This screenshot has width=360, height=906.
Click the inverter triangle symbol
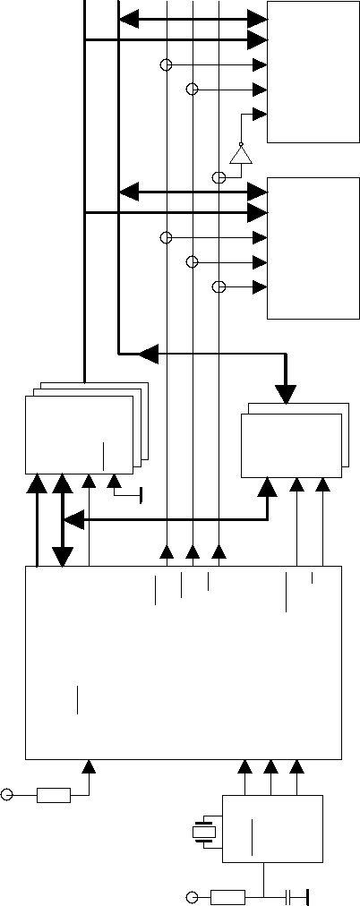[x=239, y=155]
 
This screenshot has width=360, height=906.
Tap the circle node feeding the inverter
[x=218, y=177]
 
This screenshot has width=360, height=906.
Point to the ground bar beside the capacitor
[x=306, y=896]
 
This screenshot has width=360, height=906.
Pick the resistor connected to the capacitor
[x=227, y=896]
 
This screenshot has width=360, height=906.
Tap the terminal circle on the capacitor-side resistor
[x=191, y=896]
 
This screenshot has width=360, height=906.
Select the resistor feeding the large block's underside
[x=54, y=794]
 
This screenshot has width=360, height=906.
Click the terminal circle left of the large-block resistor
[x=8, y=794]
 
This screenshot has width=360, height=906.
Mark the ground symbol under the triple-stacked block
[x=141, y=492]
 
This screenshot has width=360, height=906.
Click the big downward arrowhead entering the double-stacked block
[x=286, y=393]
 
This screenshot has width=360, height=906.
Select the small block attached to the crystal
[x=271, y=828]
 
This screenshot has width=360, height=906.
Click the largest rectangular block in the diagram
[x=183, y=662]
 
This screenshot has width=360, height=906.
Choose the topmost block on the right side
[x=313, y=72]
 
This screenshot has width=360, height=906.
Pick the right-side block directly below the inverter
[x=313, y=247]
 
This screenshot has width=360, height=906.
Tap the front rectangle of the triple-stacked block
[x=79, y=434]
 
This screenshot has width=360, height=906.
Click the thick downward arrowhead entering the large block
[x=62, y=557]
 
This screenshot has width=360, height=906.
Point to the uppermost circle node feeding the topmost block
[x=166, y=65]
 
